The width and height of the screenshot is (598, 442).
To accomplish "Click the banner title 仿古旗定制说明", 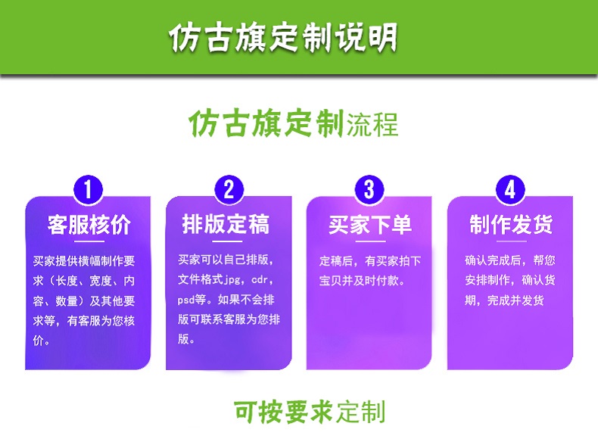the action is point(283,37).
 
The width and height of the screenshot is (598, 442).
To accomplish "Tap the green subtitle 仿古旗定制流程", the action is point(293,123).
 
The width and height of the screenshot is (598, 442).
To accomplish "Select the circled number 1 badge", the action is point(88,189).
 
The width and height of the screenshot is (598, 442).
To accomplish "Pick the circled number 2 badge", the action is point(229,189).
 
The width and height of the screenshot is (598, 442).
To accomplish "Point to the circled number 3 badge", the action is point(369,189).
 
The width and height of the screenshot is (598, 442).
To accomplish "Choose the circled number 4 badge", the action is point(510,189).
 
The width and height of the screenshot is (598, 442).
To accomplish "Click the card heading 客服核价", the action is point(89,224).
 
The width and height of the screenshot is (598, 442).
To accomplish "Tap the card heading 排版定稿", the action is point(226,224).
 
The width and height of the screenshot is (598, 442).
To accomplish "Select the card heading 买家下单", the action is point(370,224).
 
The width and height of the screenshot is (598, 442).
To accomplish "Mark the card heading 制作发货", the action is point(511,224).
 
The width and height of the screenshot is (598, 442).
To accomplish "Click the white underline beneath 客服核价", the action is point(89,241).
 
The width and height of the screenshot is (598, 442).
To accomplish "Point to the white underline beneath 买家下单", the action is point(370,241).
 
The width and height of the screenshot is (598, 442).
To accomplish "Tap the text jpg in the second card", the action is point(232,280).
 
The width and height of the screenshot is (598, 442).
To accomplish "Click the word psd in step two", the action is point(186,300).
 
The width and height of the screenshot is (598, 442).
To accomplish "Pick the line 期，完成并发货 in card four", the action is point(504,300).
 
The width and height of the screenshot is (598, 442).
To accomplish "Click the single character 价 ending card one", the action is point(39,340).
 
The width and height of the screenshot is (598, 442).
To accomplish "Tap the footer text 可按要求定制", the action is point(310,412).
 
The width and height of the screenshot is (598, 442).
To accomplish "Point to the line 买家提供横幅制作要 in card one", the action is point(84,261).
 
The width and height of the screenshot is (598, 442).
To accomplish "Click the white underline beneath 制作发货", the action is point(511,241).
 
